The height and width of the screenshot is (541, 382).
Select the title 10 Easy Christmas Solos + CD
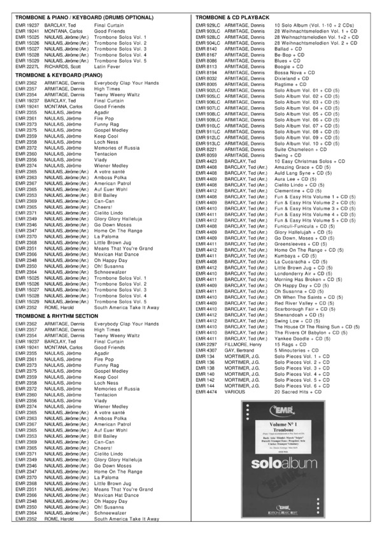(309, 161)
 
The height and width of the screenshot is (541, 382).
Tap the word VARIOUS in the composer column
(234, 392)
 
